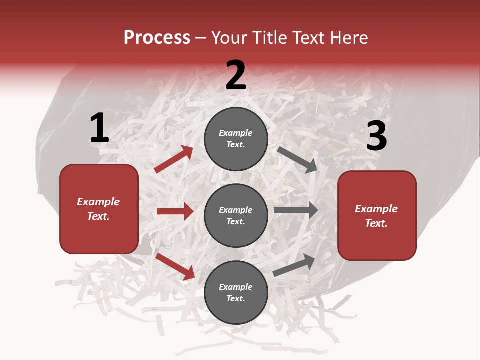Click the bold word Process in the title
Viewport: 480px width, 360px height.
tap(157, 38)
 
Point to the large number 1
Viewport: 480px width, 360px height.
tap(99, 128)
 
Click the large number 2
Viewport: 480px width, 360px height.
tap(236, 76)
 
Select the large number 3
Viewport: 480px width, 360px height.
tap(376, 137)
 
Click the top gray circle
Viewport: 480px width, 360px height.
tap(236, 139)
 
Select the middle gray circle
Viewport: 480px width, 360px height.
tap(236, 216)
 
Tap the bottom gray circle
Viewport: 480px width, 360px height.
tap(236, 293)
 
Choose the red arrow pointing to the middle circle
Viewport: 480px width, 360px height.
tap(175, 211)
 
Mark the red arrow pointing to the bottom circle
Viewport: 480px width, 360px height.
tap(175, 266)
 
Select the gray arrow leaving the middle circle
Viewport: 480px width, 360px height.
tap(296, 210)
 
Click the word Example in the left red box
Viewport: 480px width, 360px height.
tap(98, 202)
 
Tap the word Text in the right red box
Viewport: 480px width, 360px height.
tap(376, 223)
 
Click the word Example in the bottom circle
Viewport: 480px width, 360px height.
tap(236, 287)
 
